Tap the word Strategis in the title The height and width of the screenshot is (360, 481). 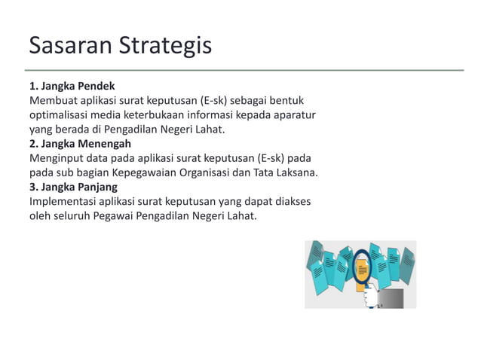[x=164, y=47]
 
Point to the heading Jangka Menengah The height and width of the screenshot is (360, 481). [x=85, y=143]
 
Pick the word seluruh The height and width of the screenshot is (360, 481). [x=70, y=217]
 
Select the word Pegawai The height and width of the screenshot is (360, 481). [x=115, y=217]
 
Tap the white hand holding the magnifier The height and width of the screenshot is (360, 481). [x=369, y=297]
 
